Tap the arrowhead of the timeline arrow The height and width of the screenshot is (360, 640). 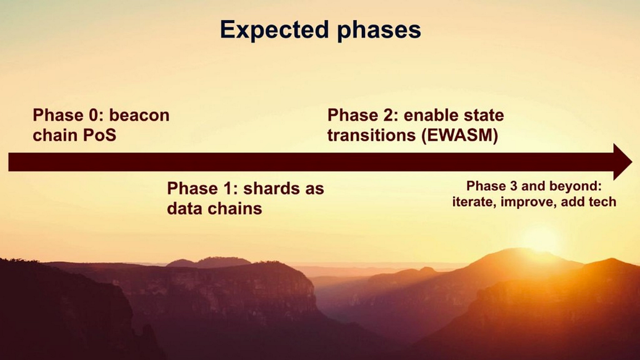pos(622,161)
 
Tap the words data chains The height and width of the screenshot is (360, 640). pos(214,208)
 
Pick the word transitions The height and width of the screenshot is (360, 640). pos(368,135)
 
